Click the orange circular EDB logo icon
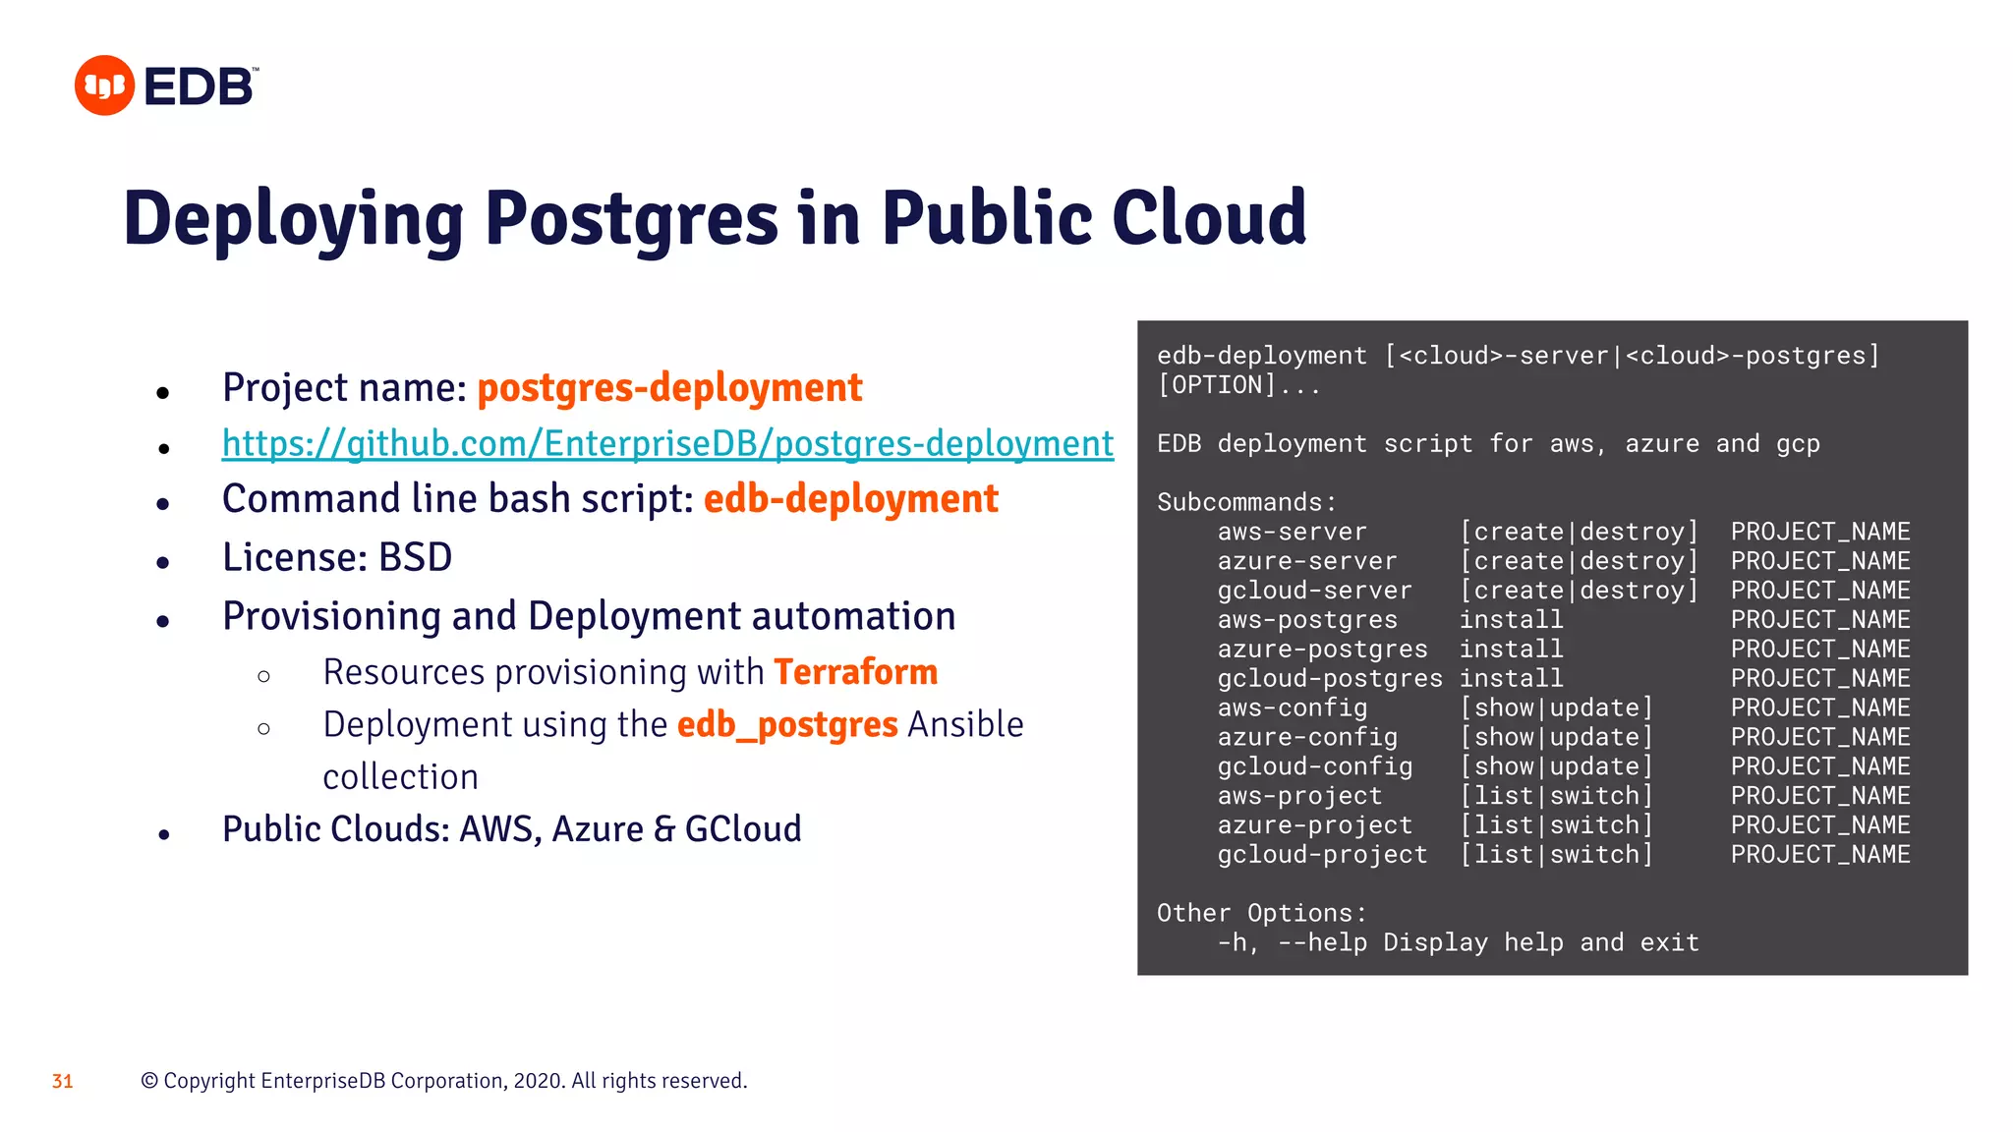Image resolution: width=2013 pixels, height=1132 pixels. click(x=104, y=85)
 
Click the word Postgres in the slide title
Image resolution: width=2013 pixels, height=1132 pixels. click(x=631, y=218)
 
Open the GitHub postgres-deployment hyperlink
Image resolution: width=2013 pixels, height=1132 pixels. click(x=667, y=444)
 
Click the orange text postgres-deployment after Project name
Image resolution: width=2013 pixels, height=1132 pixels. click(x=669, y=388)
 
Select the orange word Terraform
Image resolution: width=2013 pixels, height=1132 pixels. click(x=855, y=672)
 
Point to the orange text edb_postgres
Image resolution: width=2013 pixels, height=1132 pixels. click(x=787, y=725)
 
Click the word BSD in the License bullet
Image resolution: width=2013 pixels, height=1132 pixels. click(x=415, y=558)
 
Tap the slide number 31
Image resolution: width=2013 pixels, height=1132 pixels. click(x=63, y=1081)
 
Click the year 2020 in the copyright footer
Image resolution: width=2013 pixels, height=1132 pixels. click(x=538, y=1081)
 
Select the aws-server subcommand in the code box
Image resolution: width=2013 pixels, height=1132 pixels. click(x=1292, y=532)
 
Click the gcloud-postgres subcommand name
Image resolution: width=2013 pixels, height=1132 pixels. click(x=1330, y=679)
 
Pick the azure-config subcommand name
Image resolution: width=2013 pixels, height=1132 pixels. click(x=1307, y=738)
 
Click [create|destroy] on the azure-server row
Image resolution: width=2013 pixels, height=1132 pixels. click(x=1579, y=561)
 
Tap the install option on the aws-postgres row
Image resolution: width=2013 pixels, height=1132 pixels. click(x=1511, y=620)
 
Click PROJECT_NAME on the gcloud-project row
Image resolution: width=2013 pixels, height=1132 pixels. click(x=1820, y=855)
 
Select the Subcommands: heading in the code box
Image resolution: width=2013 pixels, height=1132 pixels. click(x=1246, y=502)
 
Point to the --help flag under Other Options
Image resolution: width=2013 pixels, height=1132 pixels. click(x=1322, y=943)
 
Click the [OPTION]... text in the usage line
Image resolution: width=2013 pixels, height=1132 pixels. click(x=1238, y=385)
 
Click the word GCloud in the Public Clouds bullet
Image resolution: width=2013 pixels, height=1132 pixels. click(x=743, y=829)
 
